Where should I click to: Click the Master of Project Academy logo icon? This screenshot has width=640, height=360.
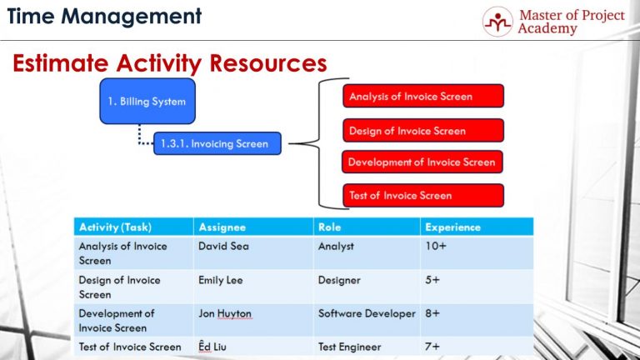click(x=497, y=22)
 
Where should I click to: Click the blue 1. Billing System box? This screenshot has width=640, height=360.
click(x=147, y=102)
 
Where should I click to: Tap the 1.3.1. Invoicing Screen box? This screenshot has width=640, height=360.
click(x=217, y=143)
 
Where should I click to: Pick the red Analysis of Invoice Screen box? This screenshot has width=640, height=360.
click(x=422, y=97)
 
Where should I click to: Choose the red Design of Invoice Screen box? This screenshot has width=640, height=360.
click(x=422, y=131)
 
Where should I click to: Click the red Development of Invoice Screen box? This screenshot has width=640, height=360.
click(x=422, y=162)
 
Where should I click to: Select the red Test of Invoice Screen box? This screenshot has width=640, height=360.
click(x=422, y=196)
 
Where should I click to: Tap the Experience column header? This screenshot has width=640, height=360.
click(x=452, y=227)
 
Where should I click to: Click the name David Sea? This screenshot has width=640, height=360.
click(x=224, y=247)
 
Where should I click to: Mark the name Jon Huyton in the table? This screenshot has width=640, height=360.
click(x=224, y=314)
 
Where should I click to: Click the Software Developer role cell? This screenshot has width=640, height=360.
click(x=366, y=314)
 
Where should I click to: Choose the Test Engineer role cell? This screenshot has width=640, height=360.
click(x=349, y=346)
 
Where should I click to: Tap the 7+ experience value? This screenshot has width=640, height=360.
click(x=432, y=346)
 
